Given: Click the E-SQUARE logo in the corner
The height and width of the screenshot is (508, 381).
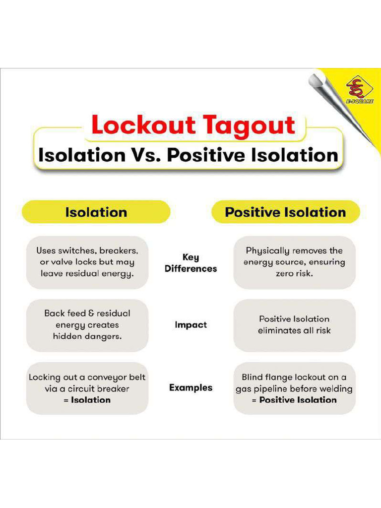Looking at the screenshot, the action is (x=359, y=90).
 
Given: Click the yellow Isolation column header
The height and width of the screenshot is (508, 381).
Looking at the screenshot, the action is (x=96, y=212).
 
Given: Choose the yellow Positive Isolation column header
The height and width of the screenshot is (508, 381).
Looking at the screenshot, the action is (x=285, y=212).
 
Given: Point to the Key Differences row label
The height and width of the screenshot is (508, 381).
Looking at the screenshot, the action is (x=190, y=263).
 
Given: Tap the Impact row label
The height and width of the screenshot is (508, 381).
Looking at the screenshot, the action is (x=190, y=324).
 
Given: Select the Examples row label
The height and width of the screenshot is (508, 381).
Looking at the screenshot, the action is (x=190, y=387).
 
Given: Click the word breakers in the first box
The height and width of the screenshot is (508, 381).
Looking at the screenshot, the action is (x=119, y=251).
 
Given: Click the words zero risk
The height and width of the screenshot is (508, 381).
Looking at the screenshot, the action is (x=294, y=273).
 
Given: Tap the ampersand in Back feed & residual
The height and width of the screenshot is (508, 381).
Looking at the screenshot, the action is (x=91, y=314).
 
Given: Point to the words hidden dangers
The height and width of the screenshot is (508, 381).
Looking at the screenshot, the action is (x=87, y=336).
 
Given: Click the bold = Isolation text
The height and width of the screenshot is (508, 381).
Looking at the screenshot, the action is (x=87, y=400).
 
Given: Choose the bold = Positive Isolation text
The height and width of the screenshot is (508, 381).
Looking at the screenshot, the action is (x=294, y=400).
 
